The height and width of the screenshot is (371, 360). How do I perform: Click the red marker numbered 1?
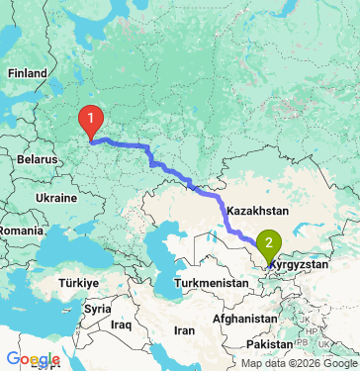(x=91, y=121)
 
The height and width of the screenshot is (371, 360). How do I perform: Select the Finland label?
(x=27, y=73)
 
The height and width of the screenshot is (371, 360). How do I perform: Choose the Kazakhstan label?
(x=256, y=212)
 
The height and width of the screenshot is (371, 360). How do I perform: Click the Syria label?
(x=97, y=309)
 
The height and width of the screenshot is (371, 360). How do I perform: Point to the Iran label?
(x=185, y=330)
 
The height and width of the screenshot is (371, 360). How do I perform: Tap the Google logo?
(x=33, y=359)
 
